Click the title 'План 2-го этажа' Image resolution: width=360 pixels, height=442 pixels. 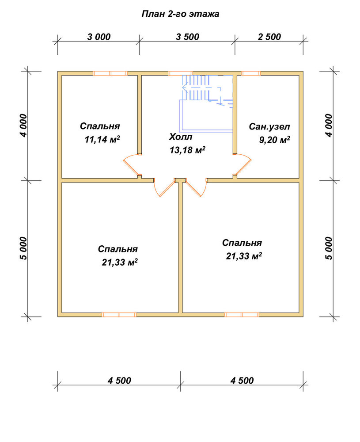point(180,14)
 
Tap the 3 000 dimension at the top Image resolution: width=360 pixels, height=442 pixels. point(99,37)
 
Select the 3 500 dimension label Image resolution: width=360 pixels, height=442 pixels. point(187,37)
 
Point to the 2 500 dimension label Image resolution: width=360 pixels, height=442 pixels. point(269,37)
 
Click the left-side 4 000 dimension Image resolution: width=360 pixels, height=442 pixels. point(24,126)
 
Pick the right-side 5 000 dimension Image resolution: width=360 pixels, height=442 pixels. point(329,248)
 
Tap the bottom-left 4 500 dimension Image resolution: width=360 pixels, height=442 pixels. point(119,381)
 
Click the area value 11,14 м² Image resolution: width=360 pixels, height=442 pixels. point(102,139)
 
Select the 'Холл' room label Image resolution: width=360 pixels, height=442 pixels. point(181,137)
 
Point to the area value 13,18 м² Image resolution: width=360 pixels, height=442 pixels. point(187,150)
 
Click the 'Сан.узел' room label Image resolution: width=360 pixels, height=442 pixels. point(269,126)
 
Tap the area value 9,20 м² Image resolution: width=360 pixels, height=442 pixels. point(275,140)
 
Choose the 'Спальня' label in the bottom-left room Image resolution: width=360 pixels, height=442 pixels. point(118,249)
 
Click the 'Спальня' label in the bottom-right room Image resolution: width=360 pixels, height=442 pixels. point(242,243)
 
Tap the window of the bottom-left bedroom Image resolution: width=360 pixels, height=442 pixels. point(119,315)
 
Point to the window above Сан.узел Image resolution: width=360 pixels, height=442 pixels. point(251,73)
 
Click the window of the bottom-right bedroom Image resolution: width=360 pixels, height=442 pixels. point(242,315)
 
